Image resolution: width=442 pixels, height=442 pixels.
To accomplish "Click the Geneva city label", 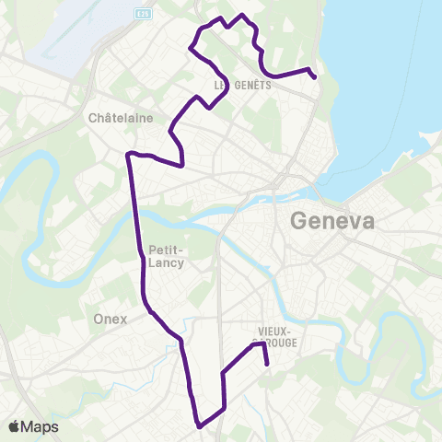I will pyautogui.click(x=332, y=222).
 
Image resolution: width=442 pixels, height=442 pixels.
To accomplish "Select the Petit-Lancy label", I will pyautogui.click(x=166, y=256).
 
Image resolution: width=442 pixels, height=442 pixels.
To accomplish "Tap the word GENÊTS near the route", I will pyautogui.click(x=238, y=85).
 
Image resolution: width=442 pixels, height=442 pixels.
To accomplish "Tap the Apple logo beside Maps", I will pyautogui.click(x=16, y=426).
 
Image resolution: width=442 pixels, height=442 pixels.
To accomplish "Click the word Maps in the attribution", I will pyautogui.click(x=41, y=426).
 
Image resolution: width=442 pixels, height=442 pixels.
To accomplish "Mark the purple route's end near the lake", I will pyautogui.click(x=316, y=77).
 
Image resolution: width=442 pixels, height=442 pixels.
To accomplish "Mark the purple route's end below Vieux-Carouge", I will pyautogui.click(x=267, y=364).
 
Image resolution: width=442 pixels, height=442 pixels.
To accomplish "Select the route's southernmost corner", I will pyautogui.click(x=199, y=425).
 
